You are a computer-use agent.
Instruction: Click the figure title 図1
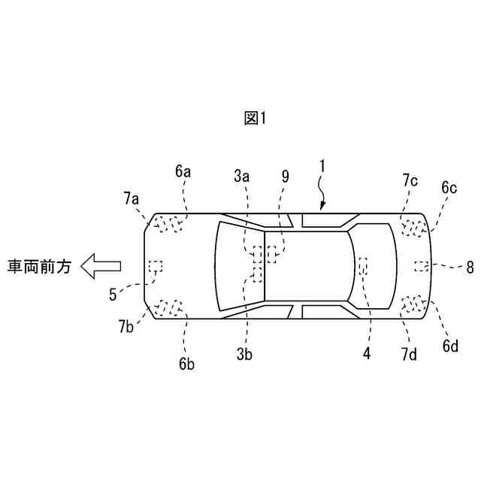(256, 118)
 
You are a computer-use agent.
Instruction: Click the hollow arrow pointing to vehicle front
(100, 265)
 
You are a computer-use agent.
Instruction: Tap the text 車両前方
(39, 266)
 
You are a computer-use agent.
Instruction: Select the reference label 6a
(183, 172)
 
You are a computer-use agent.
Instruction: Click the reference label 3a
(241, 177)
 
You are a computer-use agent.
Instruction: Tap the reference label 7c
(410, 180)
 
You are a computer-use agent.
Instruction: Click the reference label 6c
(449, 187)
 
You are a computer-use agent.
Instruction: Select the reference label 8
(470, 265)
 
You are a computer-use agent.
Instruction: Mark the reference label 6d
(450, 346)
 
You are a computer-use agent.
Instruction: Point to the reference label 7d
(409, 352)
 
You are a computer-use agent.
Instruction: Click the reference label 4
(367, 352)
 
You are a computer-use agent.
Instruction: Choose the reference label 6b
(186, 364)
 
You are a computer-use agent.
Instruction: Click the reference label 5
(113, 295)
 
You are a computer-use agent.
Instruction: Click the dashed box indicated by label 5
(156, 265)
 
